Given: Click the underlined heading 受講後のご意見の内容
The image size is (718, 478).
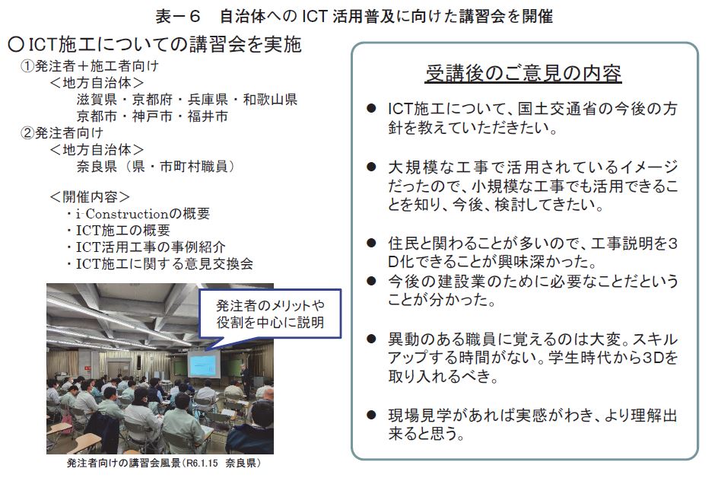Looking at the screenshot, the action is coord(523,73).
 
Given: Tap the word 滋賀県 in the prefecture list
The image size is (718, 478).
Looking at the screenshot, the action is coord(97,100).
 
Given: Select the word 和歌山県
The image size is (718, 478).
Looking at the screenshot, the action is coord(270,100).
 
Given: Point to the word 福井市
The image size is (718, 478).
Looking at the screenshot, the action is coord(208,116).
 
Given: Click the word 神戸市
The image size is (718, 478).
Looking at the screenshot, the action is coord(152,116).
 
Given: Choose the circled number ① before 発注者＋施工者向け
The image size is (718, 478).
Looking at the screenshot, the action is coord(27,66).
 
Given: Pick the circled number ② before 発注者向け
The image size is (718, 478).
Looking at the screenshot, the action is coord(27,133).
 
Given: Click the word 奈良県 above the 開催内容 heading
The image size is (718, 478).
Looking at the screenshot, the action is coord(97,166).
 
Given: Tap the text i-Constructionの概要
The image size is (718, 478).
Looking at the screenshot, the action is coord(142,214).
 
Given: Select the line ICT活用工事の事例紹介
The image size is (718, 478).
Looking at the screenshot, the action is coord(150,247).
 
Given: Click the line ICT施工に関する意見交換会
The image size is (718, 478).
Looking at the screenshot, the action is coord(164,263).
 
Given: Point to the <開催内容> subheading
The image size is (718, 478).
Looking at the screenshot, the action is coord(90,196).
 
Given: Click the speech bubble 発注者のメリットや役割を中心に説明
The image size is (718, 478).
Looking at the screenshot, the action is coord(270,314).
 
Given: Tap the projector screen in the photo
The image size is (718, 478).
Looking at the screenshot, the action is coord(203,365).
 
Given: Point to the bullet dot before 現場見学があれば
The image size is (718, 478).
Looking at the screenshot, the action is coord(371,416).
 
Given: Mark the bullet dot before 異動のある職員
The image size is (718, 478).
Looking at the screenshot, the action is coord(371,339).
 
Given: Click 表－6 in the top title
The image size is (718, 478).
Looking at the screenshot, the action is coord(178,17).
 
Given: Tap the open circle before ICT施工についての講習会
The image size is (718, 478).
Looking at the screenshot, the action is coord(16,44).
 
